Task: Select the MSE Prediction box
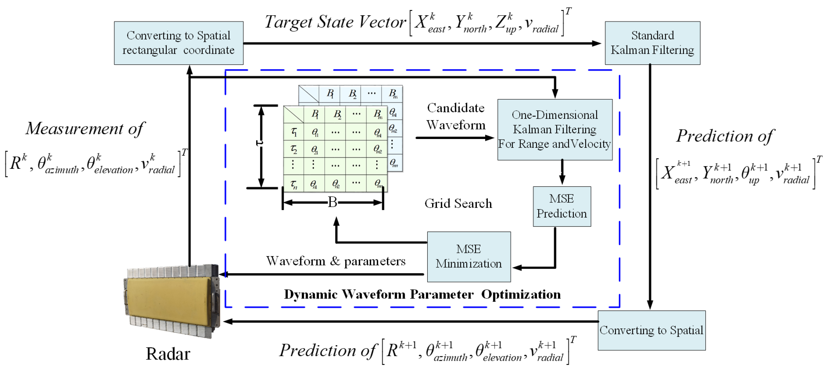(562, 206)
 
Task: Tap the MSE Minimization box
(468, 256)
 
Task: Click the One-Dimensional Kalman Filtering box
(554, 129)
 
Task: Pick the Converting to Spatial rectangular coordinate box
(179, 43)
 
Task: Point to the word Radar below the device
(168, 354)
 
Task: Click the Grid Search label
(458, 203)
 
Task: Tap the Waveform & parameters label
(335, 261)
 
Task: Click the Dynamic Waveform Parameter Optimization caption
(422, 294)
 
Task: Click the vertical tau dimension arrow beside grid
(261, 146)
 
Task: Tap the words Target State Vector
(335, 22)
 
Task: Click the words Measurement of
(85, 128)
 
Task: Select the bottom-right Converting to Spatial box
(651, 330)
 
